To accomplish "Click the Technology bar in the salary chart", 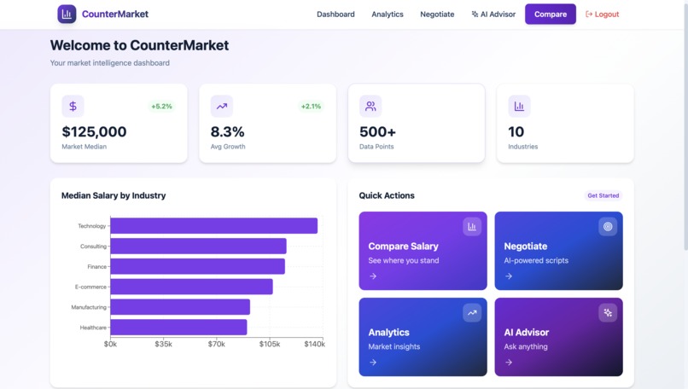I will (213, 226).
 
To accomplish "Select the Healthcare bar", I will (178, 328).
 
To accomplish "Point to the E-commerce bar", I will (191, 287).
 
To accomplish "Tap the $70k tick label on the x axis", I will (217, 344).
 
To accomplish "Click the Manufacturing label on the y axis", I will (89, 307).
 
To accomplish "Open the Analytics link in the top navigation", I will (388, 15).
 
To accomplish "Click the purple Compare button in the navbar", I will (550, 15).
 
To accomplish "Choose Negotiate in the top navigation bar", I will (437, 15).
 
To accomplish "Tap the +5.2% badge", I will (161, 107).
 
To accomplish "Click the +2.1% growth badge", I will (311, 107).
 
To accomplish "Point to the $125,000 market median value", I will (94, 132).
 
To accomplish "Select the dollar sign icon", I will (73, 107).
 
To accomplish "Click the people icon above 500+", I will (370, 107).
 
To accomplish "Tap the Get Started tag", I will (603, 195).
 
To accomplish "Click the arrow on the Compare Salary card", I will (373, 276).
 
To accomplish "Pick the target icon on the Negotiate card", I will (608, 227).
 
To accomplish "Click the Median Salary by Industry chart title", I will (114, 195).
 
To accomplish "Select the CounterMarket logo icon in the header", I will (67, 15).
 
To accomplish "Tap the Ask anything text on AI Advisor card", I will (526, 346).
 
